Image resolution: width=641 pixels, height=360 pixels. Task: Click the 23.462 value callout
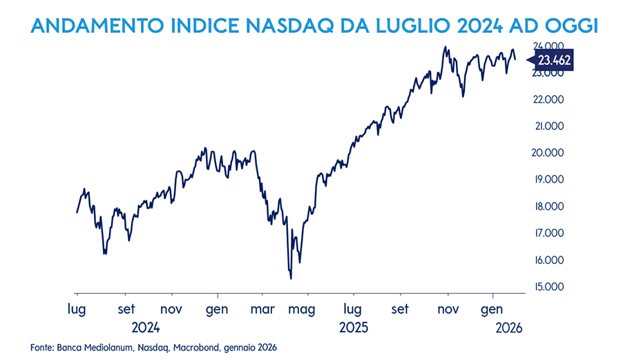(x=553, y=61)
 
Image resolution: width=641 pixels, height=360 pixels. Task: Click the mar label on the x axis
(x=262, y=309)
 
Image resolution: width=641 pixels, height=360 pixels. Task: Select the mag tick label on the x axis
(x=302, y=309)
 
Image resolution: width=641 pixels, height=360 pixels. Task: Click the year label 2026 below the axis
(x=509, y=328)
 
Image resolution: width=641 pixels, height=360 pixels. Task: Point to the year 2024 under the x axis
(x=146, y=328)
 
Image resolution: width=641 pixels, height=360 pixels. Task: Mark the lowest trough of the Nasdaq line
(x=291, y=278)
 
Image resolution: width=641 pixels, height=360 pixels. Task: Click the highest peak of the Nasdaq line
(x=446, y=47)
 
